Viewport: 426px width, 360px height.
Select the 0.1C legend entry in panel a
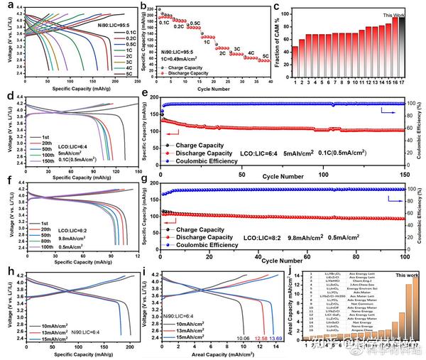(130, 32)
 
